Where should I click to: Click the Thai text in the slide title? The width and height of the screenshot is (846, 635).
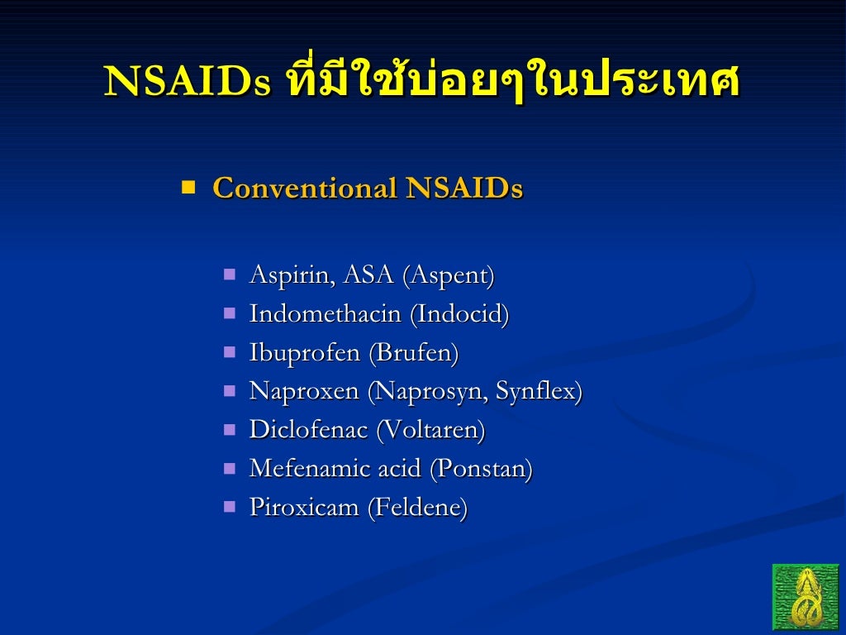[x=511, y=83]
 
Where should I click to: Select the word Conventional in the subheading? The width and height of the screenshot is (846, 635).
[x=305, y=189]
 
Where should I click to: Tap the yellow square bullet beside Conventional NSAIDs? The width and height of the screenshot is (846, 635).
[x=188, y=187]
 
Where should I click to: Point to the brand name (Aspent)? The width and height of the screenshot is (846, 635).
[x=448, y=275]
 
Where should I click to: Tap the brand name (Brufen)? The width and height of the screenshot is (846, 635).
[x=413, y=353]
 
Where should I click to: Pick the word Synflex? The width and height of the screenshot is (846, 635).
[x=537, y=391]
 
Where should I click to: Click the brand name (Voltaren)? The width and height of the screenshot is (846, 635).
[x=430, y=430]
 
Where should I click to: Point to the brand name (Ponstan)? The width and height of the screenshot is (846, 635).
[x=481, y=469]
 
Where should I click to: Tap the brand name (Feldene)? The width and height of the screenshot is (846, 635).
[x=417, y=507]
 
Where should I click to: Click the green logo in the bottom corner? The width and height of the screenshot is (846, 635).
[x=805, y=596]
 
